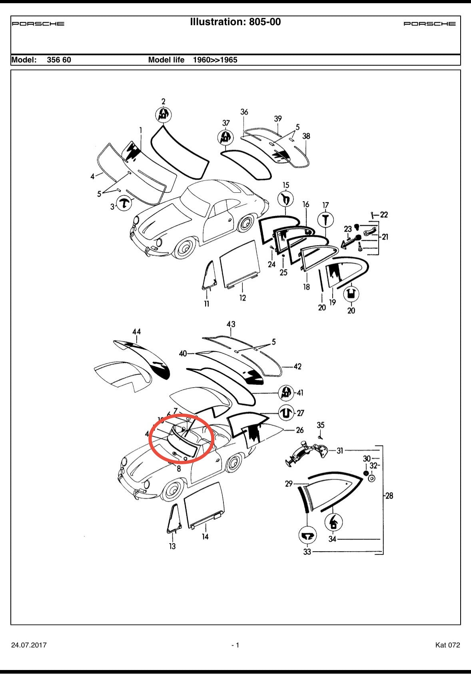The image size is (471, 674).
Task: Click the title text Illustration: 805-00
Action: [235, 22]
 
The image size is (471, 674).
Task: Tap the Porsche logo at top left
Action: [38, 24]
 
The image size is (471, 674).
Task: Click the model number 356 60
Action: [59, 60]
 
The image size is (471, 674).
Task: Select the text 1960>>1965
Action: [215, 60]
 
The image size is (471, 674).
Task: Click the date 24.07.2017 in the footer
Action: [29, 645]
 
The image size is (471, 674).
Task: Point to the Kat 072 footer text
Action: [447, 645]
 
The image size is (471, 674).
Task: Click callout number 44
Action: [136, 332]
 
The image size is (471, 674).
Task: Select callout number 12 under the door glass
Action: [243, 298]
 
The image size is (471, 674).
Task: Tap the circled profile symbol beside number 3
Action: [124, 204]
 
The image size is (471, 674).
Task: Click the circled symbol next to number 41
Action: [285, 393]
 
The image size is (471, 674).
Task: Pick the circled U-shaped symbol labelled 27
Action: [285, 413]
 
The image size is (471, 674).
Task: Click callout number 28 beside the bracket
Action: [389, 496]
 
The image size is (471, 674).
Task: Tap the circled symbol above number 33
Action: [307, 535]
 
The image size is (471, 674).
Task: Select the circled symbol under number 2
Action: [163, 115]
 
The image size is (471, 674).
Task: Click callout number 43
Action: [231, 324]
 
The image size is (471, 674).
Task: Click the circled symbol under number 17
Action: [325, 220]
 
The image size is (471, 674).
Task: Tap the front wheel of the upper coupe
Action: [184, 248]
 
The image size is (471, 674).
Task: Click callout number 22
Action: [383, 215]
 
